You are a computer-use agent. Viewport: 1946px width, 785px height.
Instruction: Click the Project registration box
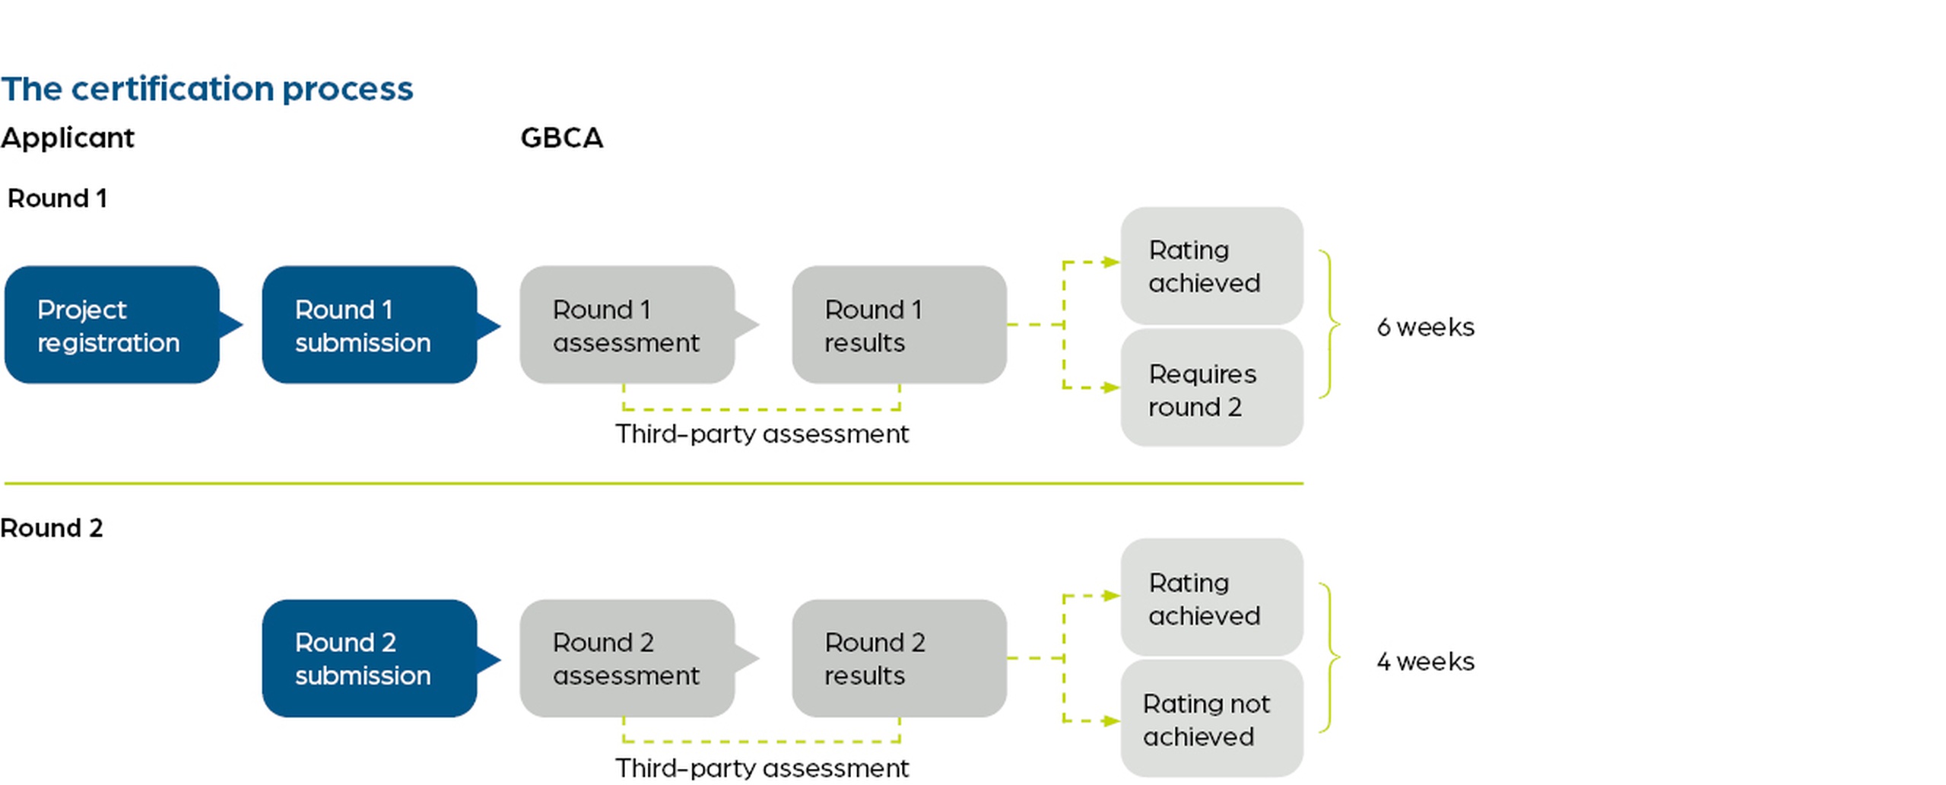[112, 325]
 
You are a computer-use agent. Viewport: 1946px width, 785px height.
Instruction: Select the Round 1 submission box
[370, 325]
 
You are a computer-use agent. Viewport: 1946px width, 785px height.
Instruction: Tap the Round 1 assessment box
[627, 325]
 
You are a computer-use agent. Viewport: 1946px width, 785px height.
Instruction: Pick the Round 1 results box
[899, 325]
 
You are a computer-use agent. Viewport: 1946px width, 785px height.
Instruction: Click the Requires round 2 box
[1211, 389]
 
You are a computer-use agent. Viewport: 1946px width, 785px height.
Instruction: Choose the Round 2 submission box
[370, 658]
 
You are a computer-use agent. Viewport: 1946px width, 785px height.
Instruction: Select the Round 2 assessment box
[627, 658]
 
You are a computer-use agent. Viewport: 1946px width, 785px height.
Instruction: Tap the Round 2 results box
[899, 658]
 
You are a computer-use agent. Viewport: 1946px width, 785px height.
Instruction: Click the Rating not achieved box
[1211, 720]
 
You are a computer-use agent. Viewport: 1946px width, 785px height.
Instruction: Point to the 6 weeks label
[1425, 327]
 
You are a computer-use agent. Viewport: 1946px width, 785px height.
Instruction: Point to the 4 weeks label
[1425, 661]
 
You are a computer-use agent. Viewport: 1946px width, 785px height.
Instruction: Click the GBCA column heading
[561, 138]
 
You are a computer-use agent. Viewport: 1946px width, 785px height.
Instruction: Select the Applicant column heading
[67, 138]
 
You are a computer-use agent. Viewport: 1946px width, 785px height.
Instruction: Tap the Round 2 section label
[51, 528]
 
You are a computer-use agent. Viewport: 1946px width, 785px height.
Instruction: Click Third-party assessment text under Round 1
[761, 434]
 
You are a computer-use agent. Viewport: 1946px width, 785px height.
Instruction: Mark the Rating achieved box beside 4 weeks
[1211, 598]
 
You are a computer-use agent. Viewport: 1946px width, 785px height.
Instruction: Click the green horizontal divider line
[654, 483]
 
